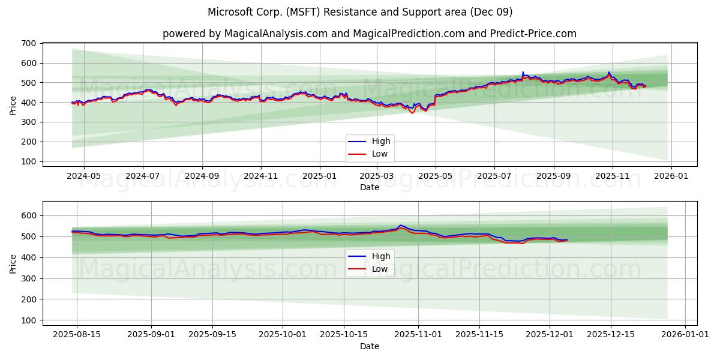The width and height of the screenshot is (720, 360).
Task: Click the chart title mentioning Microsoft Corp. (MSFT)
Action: [360, 12]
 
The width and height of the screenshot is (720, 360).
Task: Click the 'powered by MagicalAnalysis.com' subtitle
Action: [370, 34]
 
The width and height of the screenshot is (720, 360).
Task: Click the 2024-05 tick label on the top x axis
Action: [83, 176]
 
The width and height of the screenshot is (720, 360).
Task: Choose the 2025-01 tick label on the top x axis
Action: [319, 176]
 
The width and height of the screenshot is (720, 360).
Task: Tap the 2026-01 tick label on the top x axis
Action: [671, 176]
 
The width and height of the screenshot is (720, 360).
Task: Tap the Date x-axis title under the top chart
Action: [370, 187]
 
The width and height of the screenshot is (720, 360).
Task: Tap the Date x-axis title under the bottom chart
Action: [370, 346]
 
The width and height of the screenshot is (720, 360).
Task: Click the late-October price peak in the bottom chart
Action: [401, 226]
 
